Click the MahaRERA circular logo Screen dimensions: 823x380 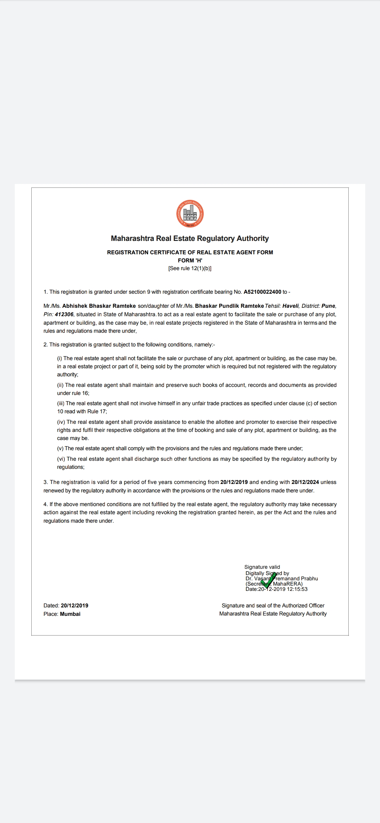(x=190, y=214)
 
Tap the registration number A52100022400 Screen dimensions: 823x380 (x=262, y=292)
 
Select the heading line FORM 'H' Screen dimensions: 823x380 (x=190, y=260)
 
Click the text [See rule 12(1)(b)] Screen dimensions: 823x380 (x=190, y=268)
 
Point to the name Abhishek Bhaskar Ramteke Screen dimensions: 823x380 (x=99, y=306)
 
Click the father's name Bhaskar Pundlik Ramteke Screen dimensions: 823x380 (x=229, y=306)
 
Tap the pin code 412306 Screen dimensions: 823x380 (x=64, y=314)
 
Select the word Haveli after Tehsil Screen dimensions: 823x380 (x=290, y=306)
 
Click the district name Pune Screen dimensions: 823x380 (x=328, y=306)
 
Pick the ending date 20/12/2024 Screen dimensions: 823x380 (x=305, y=482)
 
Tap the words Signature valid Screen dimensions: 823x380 (x=262, y=567)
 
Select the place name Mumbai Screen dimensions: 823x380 (x=70, y=614)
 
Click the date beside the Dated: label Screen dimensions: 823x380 (x=75, y=606)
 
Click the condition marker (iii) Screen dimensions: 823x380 (x=61, y=403)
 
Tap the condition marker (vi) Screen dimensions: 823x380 (x=61, y=459)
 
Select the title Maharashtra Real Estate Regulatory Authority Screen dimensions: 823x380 (x=190, y=238)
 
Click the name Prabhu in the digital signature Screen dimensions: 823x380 (x=309, y=579)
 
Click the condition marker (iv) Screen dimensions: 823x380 (x=61, y=422)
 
